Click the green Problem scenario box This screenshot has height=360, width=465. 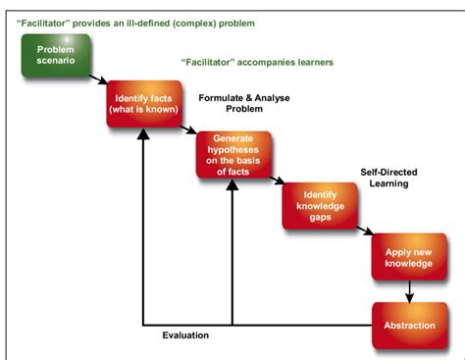point(56,57)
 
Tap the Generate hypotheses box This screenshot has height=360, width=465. point(232,154)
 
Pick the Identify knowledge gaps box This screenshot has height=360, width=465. point(319,204)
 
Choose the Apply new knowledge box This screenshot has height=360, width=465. point(408,257)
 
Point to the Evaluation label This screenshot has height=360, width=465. point(185,335)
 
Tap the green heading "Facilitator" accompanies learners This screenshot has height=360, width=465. point(257,63)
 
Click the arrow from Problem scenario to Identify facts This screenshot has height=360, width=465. point(98,78)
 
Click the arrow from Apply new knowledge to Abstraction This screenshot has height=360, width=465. point(408,291)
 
